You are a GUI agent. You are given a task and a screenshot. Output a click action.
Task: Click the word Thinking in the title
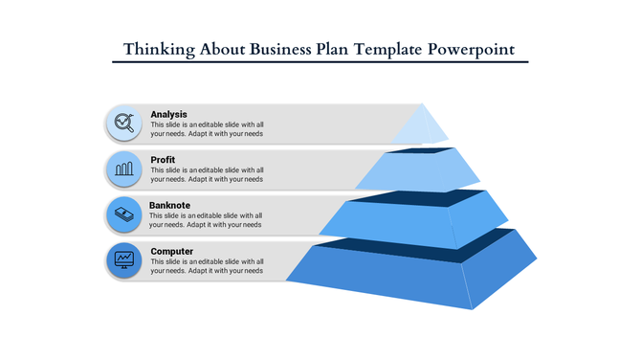[158, 48]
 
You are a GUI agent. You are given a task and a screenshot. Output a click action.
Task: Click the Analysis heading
[168, 115]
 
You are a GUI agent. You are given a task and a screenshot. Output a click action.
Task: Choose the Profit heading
[163, 160]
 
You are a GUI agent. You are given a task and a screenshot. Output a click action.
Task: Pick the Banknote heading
[169, 206]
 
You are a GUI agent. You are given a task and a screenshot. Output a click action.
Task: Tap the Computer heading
[172, 252]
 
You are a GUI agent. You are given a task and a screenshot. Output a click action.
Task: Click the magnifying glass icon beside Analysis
[123, 123]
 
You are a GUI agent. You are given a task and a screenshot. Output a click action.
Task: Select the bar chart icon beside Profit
[123, 169]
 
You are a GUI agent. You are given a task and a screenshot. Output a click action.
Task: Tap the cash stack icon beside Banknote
[123, 214]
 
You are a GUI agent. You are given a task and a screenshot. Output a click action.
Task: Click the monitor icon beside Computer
[123, 259]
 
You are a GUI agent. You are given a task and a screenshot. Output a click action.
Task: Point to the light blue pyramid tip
[421, 126]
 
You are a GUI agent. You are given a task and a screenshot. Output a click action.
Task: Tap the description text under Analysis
[207, 129]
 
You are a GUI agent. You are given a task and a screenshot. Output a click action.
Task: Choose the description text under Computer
[207, 266]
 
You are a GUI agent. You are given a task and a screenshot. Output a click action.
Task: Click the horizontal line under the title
[320, 62]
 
